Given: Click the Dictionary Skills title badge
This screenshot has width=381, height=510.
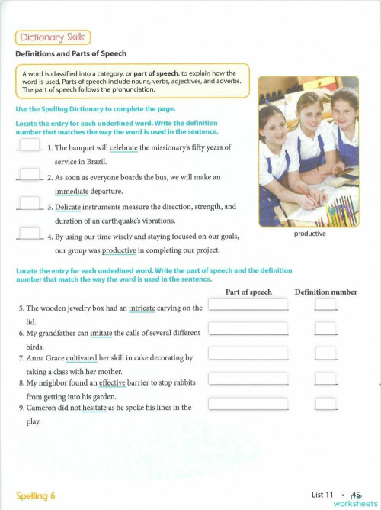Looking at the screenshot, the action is click(x=53, y=37).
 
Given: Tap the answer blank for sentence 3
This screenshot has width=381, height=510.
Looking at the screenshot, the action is click(x=30, y=203).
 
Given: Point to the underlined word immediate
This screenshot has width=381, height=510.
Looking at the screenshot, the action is click(x=78, y=191).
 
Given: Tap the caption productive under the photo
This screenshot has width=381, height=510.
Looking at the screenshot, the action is click(x=309, y=234).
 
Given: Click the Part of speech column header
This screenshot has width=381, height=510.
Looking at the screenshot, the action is click(x=248, y=292).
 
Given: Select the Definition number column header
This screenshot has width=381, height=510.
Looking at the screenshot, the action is click(x=325, y=292).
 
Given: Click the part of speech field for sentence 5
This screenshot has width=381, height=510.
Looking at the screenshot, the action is click(x=248, y=304).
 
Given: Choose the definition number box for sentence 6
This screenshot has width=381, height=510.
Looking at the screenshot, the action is click(x=325, y=329).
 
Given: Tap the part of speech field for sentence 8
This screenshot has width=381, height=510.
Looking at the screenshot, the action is click(x=248, y=379).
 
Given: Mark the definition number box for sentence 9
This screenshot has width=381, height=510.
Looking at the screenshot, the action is click(x=325, y=404).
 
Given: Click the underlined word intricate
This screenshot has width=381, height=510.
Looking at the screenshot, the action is click(x=147, y=308).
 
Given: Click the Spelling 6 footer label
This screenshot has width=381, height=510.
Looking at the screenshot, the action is click(x=36, y=495).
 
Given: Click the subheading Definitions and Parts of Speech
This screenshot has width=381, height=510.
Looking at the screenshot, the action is click(x=71, y=54).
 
